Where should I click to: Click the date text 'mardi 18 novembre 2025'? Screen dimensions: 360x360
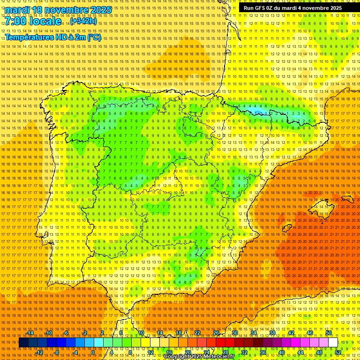pos(59,10)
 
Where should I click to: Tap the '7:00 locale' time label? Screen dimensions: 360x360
pos(33,22)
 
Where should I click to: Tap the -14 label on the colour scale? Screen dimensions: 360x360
pos(30,333)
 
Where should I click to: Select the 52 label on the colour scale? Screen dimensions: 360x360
pos(338,352)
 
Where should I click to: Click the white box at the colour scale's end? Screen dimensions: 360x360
pos(333,343)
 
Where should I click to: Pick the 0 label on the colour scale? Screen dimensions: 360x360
pos(93,352)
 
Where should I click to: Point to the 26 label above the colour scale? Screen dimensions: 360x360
pos(216,333)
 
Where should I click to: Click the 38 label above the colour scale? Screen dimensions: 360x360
pos(272,333)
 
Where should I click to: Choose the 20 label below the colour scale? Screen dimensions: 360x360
pos(187,352)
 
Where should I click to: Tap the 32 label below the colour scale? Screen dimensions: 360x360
pos(244,352)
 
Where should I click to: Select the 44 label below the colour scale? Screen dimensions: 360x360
pos(300,352)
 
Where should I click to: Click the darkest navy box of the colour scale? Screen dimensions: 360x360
pos(23,343)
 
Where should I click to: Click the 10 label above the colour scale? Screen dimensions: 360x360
pos(141,333)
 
